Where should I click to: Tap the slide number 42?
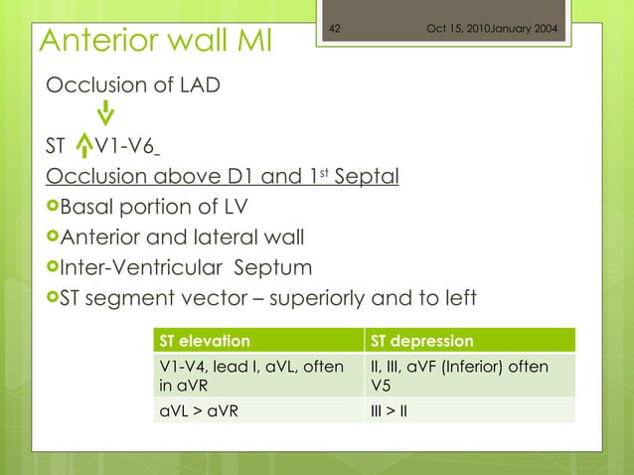tap(335, 27)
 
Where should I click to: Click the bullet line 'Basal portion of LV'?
tap(147, 207)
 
